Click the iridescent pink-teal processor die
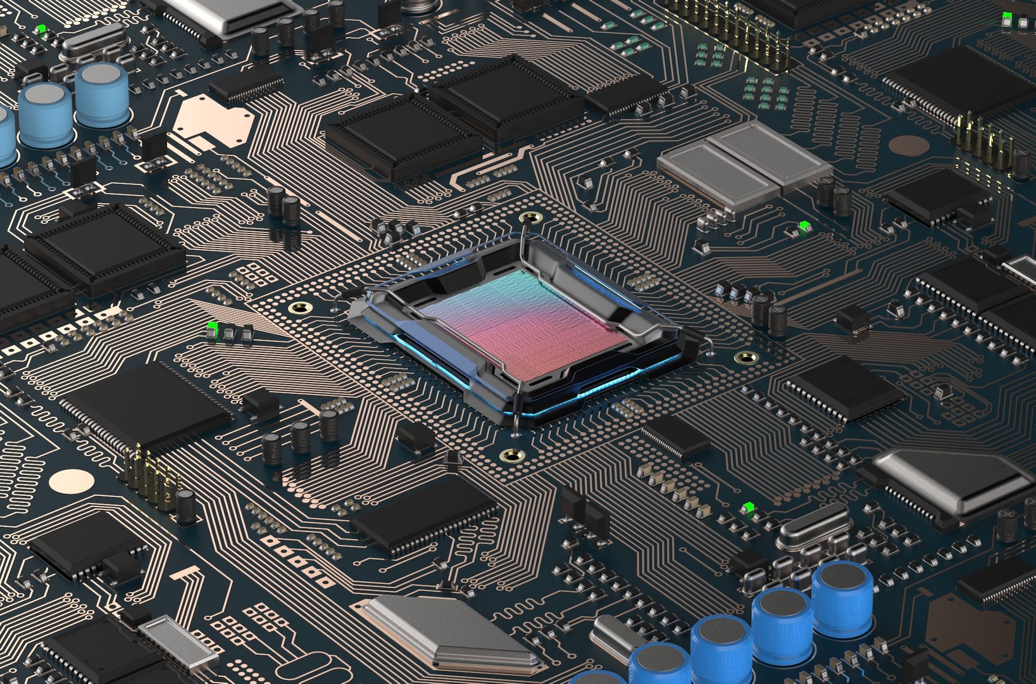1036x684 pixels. [525, 323]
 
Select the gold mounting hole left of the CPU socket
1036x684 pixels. [300, 308]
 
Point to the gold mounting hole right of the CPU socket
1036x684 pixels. [747, 358]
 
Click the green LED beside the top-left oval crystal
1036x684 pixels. [41, 29]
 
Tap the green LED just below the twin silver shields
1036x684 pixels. [804, 226]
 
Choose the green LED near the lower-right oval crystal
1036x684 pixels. [749, 507]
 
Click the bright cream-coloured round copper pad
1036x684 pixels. [72, 482]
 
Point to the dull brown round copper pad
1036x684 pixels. [909, 146]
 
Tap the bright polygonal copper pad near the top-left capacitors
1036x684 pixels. [212, 120]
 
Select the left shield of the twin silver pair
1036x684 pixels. [716, 171]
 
